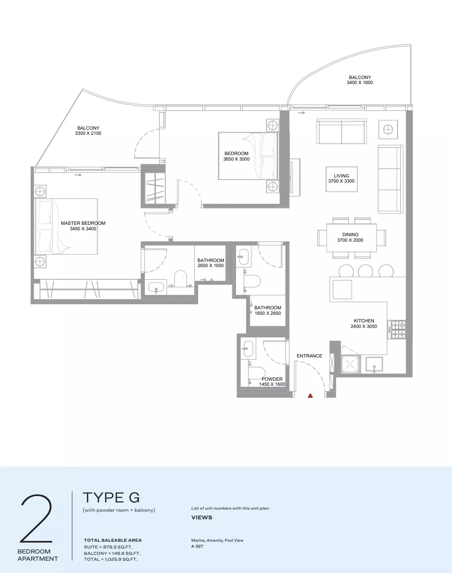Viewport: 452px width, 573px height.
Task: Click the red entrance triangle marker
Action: pos(310,396)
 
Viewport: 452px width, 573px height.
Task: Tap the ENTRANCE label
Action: pos(309,356)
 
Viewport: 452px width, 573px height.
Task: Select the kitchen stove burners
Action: pos(397,330)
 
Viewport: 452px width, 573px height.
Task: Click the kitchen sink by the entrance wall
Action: pos(374,364)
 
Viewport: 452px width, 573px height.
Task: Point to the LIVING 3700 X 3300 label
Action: pos(341,178)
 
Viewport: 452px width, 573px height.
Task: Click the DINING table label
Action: pos(350,237)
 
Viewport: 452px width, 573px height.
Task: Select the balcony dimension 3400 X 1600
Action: pos(359,82)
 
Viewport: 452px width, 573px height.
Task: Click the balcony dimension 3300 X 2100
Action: pos(88,133)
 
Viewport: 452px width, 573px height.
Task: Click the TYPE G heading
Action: pos(111,497)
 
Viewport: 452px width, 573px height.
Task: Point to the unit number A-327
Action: pos(197,546)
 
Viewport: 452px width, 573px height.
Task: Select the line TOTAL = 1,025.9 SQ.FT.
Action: pos(111,559)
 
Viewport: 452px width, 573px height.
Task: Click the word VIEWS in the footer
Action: pos(202,517)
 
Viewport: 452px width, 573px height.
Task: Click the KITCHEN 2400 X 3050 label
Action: pos(364,324)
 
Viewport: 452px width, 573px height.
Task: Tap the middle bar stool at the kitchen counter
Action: pos(365,271)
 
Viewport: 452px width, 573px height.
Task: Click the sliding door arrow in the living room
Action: pos(301,113)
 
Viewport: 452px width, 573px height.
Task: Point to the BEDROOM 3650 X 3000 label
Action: pos(237,156)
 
